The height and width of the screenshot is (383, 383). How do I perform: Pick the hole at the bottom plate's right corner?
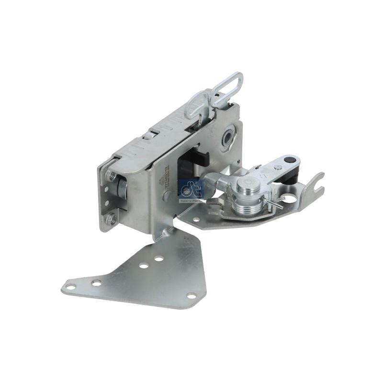pos(192,295)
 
